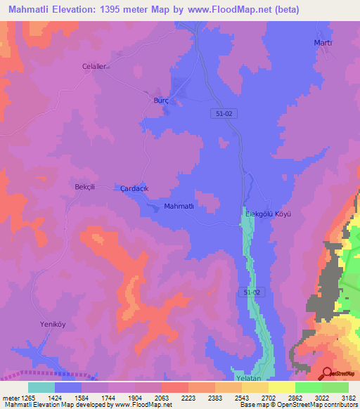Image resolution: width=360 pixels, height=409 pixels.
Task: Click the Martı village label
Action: click(322, 43)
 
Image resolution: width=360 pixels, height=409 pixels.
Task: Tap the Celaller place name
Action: click(94, 66)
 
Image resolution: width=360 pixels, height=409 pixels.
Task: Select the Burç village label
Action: click(161, 100)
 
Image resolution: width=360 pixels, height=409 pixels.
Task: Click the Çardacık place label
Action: click(134, 189)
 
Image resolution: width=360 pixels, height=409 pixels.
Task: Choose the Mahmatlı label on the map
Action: click(178, 207)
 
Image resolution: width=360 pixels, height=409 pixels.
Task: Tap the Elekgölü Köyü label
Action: click(267, 213)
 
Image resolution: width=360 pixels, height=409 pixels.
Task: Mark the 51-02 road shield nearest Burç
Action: click(221, 113)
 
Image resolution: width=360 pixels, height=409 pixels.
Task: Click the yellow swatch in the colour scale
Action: click(282, 387)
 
